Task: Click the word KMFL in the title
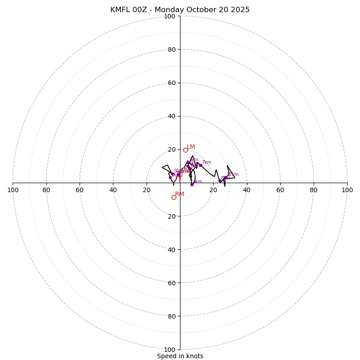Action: click(x=121, y=10)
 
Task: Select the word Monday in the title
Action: click(x=175, y=10)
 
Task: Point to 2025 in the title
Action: click(x=240, y=10)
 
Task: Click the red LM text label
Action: click(x=191, y=147)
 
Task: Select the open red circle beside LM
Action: click(x=185, y=150)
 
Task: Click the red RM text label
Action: click(x=180, y=194)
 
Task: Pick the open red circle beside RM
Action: click(x=174, y=197)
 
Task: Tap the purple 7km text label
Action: click(x=206, y=162)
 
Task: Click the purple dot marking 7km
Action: click(x=201, y=165)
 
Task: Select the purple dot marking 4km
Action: click(x=192, y=184)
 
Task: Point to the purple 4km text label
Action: click(x=198, y=182)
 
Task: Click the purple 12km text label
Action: click(x=233, y=175)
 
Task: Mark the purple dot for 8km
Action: click(x=220, y=180)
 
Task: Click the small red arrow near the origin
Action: click(x=180, y=176)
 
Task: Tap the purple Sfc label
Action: click(x=177, y=171)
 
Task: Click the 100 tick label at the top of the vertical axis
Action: click(x=170, y=17)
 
